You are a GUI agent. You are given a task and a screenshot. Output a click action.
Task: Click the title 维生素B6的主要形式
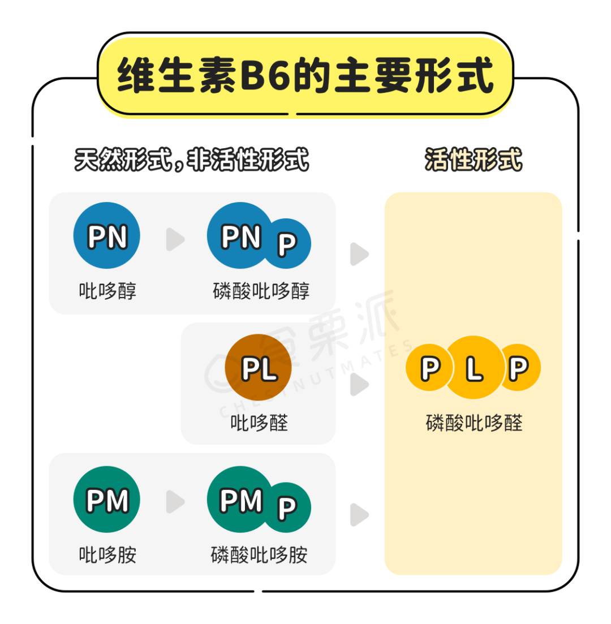pyautogui.click(x=305, y=76)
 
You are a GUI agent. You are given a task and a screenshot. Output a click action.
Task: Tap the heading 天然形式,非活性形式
pyautogui.click(x=192, y=161)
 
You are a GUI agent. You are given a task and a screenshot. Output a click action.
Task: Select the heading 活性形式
pyautogui.click(x=474, y=161)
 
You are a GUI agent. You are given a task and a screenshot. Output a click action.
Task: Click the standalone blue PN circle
pyautogui.click(x=107, y=235)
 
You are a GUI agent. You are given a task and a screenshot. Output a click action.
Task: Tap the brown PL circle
pyautogui.click(x=259, y=368)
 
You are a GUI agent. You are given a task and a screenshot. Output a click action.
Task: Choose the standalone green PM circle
pyautogui.click(x=107, y=500)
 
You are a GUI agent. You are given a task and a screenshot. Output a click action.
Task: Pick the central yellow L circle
pyautogui.click(x=474, y=368)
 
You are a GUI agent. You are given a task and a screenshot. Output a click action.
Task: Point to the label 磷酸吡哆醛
pyautogui.click(x=474, y=423)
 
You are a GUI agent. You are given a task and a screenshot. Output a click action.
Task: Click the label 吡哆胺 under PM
pyautogui.click(x=107, y=555)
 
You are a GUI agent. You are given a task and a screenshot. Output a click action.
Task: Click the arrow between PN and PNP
pyautogui.click(x=175, y=240)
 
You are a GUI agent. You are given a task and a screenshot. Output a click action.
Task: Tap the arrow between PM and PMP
pyautogui.click(x=175, y=502)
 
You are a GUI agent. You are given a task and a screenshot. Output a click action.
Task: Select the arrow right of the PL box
pyautogui.click(x=359, y=385)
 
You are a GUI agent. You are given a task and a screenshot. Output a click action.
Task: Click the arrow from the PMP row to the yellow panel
pyautogui.click(x=359, y=514)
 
